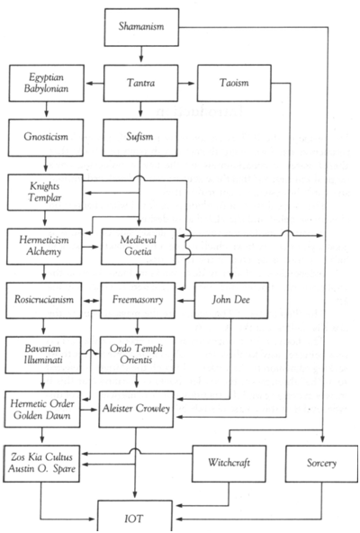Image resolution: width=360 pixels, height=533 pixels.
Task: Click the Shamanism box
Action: (141, 27)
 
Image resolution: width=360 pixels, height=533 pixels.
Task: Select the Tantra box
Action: (140, 83)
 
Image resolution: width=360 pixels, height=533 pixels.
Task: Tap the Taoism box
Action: (234, 83)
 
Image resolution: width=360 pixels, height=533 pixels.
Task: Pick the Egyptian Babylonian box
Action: (46, 83)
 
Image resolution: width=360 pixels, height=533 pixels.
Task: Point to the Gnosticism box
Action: (46, 138)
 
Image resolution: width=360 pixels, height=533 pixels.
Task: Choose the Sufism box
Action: (139, 138)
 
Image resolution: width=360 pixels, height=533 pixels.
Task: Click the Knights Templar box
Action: (45, 192)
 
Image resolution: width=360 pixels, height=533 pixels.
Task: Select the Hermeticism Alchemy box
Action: (44, 246)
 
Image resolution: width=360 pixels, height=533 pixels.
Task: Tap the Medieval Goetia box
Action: (139, 246)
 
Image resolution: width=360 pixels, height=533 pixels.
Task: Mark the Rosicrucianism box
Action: (43, 300)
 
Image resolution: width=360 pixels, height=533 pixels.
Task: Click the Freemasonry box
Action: (138, 300)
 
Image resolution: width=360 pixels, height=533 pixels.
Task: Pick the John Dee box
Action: (231, 300)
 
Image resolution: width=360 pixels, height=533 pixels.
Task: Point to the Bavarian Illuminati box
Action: (43, 355)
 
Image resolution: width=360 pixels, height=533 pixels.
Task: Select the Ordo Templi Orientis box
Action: (137, 355)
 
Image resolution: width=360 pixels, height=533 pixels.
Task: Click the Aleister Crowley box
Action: (136, 409)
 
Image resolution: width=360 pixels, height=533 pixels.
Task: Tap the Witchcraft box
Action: (229, 464)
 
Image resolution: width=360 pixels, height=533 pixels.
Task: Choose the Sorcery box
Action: (321, 464)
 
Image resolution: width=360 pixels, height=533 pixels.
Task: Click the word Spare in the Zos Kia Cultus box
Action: (64, 469)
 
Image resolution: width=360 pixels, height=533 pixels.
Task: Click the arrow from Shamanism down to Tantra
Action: (141, 53)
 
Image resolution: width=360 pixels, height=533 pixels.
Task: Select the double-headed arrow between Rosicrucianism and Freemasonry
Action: (92, 301)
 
